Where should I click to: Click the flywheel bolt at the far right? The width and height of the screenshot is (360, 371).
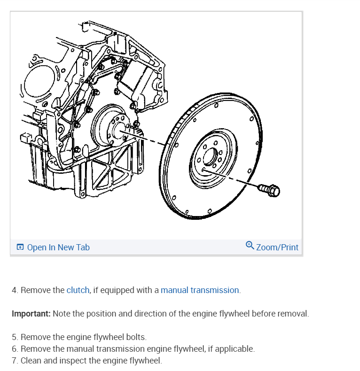[x=269, y=190]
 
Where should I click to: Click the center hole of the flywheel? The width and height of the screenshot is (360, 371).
[x=210, y=155]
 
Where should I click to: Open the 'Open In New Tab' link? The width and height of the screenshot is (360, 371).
[x=58, y=247]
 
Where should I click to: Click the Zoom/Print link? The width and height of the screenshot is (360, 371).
[x=277, y=247]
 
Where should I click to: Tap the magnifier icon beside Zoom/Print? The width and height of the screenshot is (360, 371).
[x=250, y=246]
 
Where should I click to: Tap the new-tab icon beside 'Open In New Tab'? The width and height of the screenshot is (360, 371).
[x=20, y=247]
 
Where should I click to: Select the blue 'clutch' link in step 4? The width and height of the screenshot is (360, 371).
[x=78, y=290]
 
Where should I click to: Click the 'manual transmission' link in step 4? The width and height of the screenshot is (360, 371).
[x=200, y=290]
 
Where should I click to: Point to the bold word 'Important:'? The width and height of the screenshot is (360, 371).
[x=31, y=314]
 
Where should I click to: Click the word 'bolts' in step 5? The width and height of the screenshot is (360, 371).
[x=135, y=337]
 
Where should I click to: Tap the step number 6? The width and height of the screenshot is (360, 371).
[x=14, y=349]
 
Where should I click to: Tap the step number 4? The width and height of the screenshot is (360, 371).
[x=14, y=290]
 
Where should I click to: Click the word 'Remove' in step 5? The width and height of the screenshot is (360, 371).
[x=35, y=337]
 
